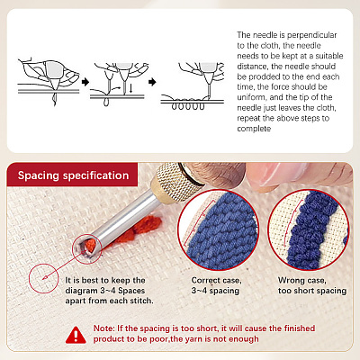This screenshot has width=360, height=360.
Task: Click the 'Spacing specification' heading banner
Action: (72, 175)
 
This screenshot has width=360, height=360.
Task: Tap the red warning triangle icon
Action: (76, 335)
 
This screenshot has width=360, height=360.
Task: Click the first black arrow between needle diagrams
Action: (85, 82)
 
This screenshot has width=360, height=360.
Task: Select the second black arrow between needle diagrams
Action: (152, 82)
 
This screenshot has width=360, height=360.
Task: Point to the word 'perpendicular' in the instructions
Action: (312, 35)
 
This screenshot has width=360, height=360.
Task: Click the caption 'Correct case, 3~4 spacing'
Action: (216, 285)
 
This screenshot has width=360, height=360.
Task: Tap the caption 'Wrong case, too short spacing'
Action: (312, 285)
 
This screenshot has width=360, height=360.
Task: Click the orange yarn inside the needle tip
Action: (90, 246)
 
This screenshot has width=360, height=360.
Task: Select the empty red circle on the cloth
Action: (44, 278)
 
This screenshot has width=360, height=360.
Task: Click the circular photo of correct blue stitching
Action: (218, 229)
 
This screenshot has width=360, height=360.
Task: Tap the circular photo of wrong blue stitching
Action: (309, 229)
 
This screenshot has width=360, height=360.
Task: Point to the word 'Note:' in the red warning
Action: (103, 328)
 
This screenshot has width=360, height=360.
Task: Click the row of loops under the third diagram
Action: (188, 106)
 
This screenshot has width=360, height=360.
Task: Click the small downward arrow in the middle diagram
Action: (130, 89)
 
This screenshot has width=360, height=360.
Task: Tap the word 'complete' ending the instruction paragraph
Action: (254, 129)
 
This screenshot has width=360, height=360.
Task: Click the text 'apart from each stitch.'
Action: (109, 301)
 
